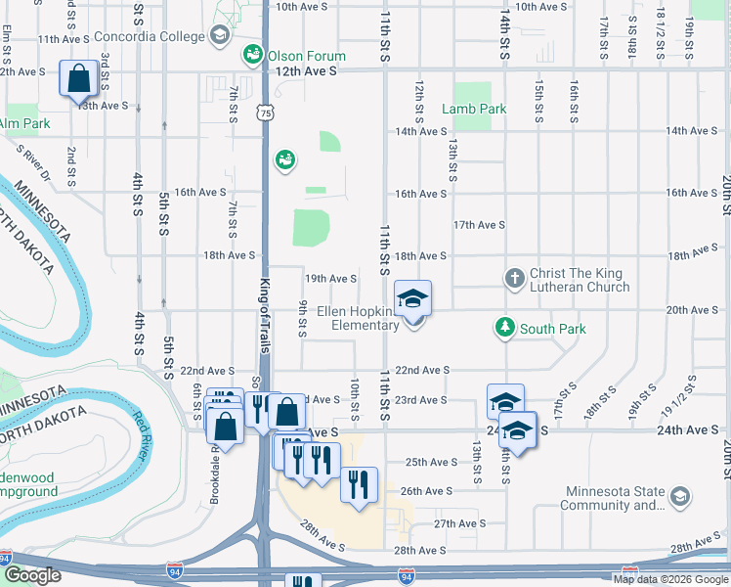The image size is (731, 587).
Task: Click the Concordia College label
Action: tap(154, 37)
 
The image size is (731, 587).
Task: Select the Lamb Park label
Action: tap(474, 109)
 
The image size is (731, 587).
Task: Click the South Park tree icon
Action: tap(504, 328)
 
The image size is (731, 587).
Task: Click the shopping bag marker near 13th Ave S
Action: tap(77, 78)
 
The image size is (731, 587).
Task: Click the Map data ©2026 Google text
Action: tap(669, 579)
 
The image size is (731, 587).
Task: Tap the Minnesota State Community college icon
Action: tap(677, 498)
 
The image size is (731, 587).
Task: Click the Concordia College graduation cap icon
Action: tap(220, 36)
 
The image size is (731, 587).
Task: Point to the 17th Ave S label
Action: tap(479, 225)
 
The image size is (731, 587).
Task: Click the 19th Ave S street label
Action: tap(329, 279)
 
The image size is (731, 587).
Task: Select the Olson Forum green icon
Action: tap(252, 54)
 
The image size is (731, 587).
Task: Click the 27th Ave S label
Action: tap(459, 524)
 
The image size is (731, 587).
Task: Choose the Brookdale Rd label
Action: tap(214, 469)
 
